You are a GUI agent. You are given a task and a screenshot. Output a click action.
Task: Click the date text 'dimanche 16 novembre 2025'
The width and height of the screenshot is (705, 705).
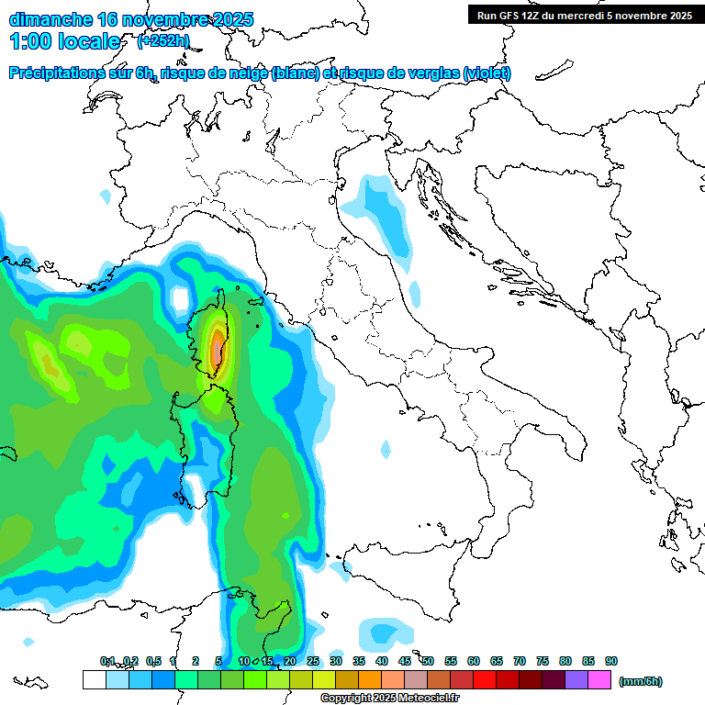[131, 19]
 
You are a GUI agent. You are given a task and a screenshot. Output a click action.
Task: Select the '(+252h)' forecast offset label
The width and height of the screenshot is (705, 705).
[164, 40]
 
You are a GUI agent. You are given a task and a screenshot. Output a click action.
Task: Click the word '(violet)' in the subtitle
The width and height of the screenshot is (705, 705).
[487, 73]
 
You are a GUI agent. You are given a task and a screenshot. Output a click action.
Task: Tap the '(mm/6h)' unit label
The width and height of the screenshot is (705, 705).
[641, 681]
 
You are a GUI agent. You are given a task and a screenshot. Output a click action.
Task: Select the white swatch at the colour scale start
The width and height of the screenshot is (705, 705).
[94, 680]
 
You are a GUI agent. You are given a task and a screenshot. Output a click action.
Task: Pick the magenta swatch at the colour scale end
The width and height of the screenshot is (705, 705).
[599, 680]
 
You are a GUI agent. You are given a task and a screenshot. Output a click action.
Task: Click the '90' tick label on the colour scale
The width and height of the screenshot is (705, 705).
[611, 661]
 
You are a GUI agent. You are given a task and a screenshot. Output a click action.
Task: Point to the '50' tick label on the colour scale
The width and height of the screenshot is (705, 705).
[428, 661]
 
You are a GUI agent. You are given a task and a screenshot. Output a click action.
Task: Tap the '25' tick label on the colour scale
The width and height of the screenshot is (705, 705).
[313, 661]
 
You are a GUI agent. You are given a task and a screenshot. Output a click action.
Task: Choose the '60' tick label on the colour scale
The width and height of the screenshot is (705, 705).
[474, 661]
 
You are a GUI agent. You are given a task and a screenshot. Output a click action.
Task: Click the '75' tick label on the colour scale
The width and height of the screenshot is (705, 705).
[543, 661]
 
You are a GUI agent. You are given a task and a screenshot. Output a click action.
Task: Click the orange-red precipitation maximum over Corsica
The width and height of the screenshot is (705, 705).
[217, 349]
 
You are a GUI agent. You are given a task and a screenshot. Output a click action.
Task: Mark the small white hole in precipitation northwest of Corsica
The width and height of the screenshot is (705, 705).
[179, 299]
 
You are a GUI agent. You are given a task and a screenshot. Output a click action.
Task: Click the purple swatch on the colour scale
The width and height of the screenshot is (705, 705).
[576, 680]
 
